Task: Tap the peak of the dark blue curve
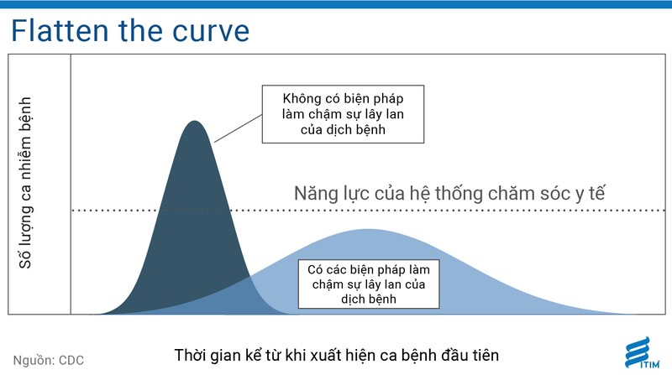(195, 122)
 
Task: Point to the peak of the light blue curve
(366, 230)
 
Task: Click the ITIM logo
(641, 351)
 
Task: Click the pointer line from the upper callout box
(239, 127)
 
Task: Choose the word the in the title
(144, 30)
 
